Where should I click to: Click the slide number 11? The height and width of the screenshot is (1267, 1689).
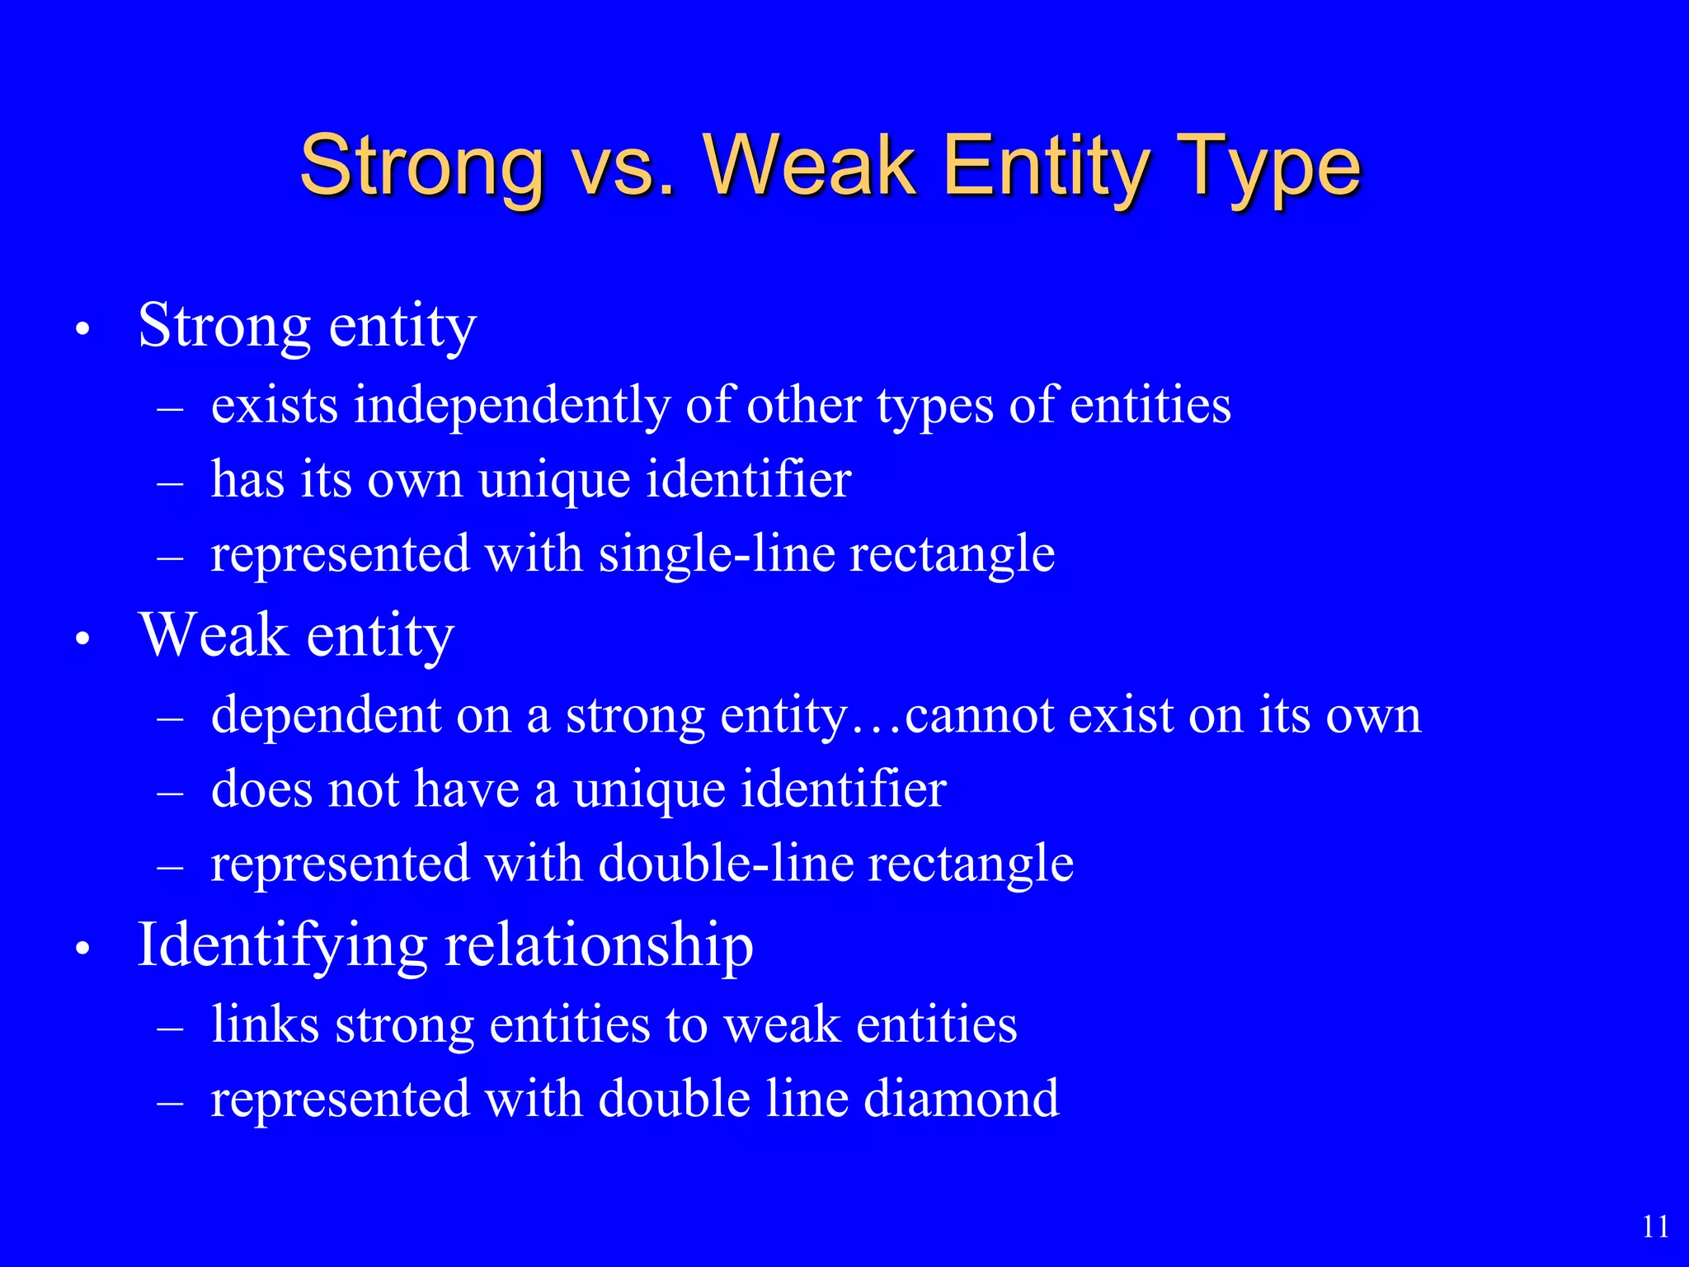point(1655,1227)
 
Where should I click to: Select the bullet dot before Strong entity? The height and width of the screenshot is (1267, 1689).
point(81,330)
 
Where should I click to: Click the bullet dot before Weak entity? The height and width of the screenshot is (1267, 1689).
point(81,640)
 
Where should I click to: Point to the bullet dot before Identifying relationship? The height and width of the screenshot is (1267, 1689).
point(81,949)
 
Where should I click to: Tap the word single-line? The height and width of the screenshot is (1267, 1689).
point(716,554)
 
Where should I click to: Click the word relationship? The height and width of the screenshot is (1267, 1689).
point(599,946)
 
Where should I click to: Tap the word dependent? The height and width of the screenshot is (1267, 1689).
point(326,715)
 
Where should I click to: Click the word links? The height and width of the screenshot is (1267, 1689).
point(264,1024)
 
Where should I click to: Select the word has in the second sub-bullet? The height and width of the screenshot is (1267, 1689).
point(247,479)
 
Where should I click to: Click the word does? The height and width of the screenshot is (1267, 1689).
point(262,789)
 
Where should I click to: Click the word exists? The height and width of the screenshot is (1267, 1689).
point(274,407)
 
